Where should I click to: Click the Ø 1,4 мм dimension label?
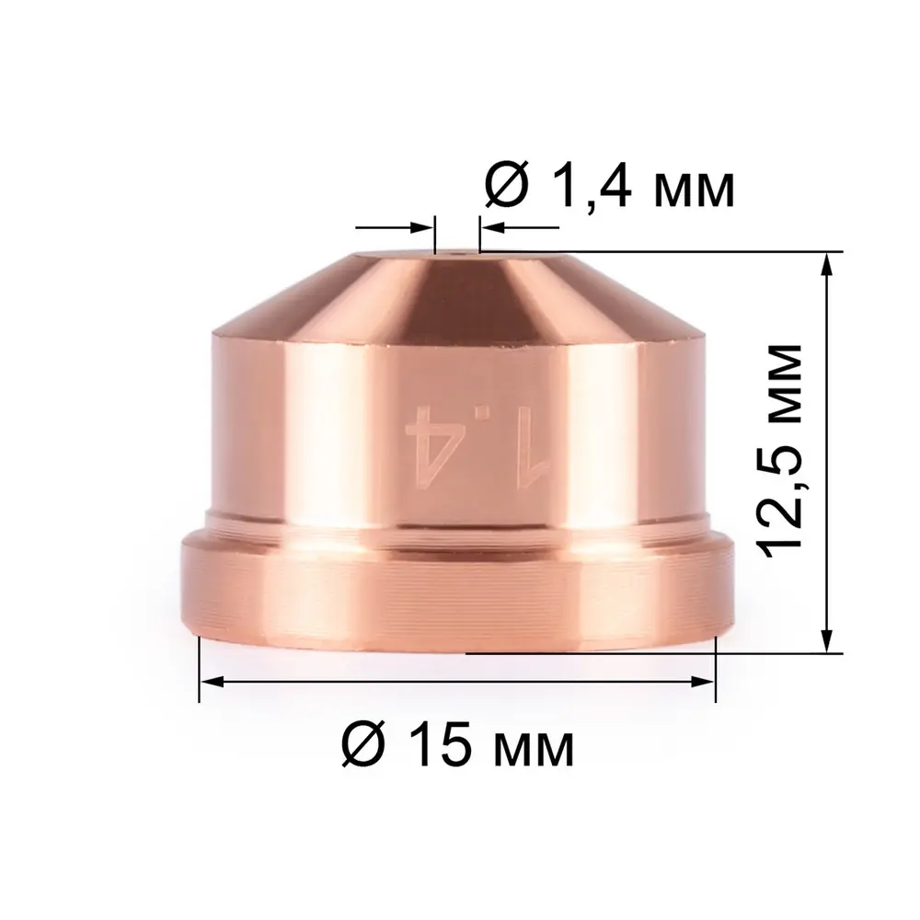click(x=609, y=188)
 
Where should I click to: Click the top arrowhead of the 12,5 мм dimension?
click(x=828, y=262)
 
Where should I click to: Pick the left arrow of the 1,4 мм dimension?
click(x=422, y=226)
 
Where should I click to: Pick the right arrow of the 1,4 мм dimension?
click(x=489, y=226)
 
